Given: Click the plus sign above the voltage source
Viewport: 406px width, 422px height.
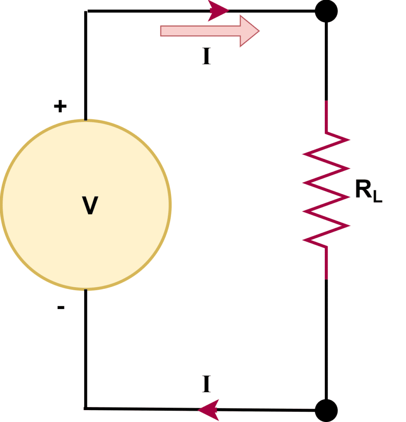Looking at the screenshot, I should coord(60,107).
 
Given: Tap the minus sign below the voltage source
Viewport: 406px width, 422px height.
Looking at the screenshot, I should coord(61,307).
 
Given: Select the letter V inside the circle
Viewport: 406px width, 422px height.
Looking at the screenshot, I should coord(90,206).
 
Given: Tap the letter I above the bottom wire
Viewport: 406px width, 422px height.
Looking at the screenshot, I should coord(207,384).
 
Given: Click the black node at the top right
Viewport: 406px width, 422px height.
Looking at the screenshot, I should coord(326,11).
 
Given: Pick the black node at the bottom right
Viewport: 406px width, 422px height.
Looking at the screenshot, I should coord(326,410).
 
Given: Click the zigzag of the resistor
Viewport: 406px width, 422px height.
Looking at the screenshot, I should coord(326,190).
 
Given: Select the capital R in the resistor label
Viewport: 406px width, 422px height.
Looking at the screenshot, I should coord(363,190).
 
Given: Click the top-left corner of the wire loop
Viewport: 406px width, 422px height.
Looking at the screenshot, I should coord(86,12).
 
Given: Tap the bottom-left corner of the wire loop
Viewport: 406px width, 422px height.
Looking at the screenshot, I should coord(86,408).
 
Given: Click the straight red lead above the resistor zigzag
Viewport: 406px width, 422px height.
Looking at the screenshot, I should coord(326,116).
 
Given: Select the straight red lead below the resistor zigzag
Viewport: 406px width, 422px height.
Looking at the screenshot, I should coord(326,263).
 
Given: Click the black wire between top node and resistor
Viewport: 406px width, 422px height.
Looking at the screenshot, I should coord(326,62).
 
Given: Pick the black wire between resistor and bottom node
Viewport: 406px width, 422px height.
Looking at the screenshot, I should coord(326,338).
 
